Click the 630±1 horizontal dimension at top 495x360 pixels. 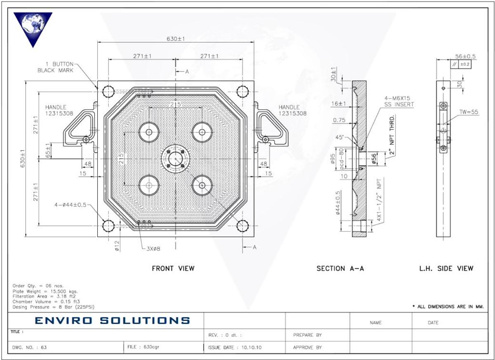(x=175, y=39)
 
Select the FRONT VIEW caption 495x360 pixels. (x=173, y=268)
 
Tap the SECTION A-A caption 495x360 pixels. (x=340, y=268)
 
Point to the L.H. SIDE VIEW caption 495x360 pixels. (x=446, y=268)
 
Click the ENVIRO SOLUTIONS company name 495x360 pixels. (x=112, y=320)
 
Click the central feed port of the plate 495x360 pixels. (x=175, y=159)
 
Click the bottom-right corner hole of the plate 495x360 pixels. (x=242, y=226)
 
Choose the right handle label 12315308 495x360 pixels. (x=292, y=113)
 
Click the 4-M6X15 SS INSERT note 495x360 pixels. (x=398, y=102)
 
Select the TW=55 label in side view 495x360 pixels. (x=469, y=112)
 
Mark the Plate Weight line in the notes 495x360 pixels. (x=45, y=291)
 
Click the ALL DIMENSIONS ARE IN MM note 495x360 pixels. (x=448, y=307)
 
